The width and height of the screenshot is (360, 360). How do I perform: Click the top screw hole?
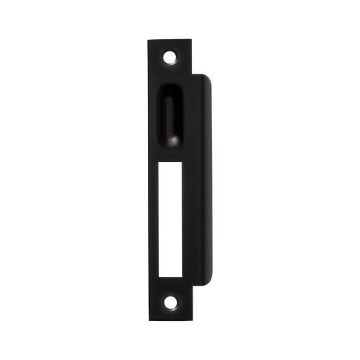point(171,56)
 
